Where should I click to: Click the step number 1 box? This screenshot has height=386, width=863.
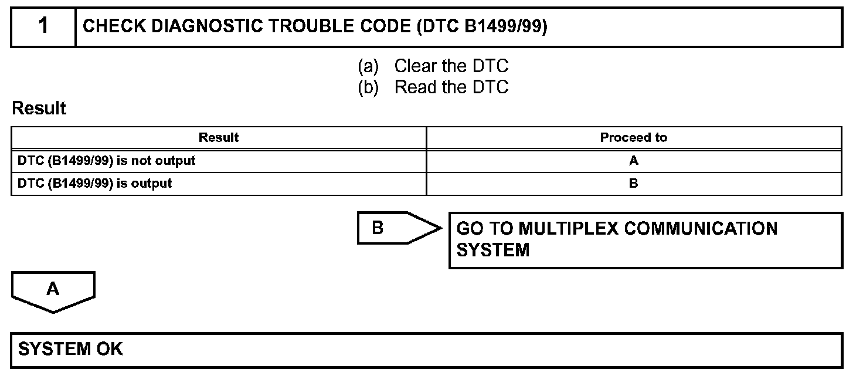coord(43,26)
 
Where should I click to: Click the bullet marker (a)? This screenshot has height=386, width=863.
coord(369,66)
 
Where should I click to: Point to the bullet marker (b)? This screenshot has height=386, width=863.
coord(369,87)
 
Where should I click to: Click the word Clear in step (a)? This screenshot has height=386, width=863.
coord(416,66)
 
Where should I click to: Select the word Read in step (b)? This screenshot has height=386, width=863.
coord(416,87)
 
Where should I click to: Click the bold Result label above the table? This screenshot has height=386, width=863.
coord(39,109)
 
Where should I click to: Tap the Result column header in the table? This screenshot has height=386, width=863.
coord(219,138)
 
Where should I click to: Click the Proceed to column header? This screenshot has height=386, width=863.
coord(633,138)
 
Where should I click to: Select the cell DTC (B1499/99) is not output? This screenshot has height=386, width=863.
coord(107,160)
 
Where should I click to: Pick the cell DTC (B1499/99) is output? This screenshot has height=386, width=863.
coord(95,183)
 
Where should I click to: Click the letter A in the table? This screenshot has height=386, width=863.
coord(633,161)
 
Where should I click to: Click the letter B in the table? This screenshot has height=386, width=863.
coord(633,183)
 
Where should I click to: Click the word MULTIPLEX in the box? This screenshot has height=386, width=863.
coord(568,228)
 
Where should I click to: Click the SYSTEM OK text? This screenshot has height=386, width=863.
coord(70,349)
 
